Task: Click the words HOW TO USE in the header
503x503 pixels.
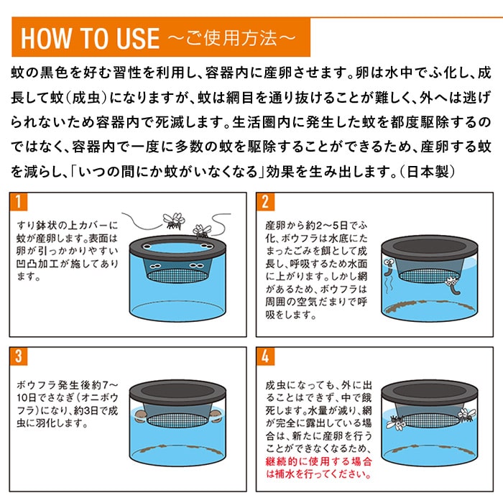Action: coord(90,39)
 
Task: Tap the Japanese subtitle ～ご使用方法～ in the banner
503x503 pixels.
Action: coord(231,38)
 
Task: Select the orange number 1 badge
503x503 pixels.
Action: coord(19,202)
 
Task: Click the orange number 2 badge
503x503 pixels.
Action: coord(265,202)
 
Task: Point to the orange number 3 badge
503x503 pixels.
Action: coord(19,356)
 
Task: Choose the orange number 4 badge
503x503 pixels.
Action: coord(265,356)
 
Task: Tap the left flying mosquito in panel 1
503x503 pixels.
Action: coord(174,221)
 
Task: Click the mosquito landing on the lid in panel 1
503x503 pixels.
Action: coord(202,231)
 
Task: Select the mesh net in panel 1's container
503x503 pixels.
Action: coord(177,275)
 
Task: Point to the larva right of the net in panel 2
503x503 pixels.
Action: coord(453,285)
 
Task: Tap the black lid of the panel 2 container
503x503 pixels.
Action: coord(430,246)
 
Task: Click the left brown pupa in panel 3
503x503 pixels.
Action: coord(140,416)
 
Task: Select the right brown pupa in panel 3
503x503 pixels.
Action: coord(216,416)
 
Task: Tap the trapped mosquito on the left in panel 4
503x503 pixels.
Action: coord(397,423)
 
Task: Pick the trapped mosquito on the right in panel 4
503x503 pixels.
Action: coord(467,415)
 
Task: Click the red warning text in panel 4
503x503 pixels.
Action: coord(318,468)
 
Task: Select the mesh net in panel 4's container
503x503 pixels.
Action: coord(430,420)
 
